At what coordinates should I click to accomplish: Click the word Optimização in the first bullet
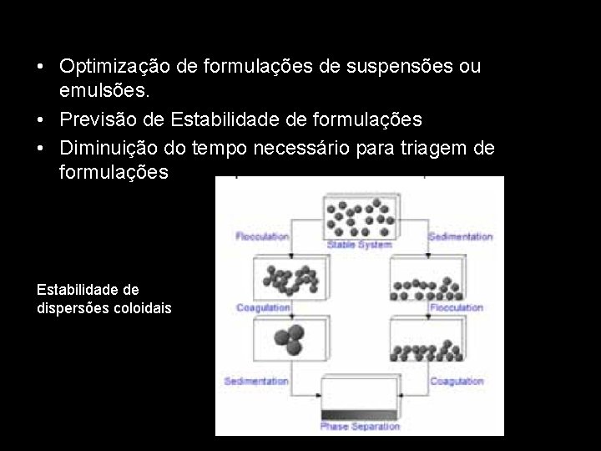tap(114, 65)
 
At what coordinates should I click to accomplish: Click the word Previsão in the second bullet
tap(97, 119)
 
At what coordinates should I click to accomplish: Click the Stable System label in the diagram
tap(359, 246)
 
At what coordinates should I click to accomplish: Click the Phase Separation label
tap(360, 427)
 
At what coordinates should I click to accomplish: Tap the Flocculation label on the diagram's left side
tap(262, 236)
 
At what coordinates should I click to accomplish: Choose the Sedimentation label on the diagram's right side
tap(460, 236)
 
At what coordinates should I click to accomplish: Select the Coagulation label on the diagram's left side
tap(262, 307)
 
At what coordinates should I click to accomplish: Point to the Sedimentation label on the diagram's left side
tap(256, 381)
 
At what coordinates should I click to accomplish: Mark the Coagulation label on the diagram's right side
tap(457, 381)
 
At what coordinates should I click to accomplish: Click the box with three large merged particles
tap(288, 340)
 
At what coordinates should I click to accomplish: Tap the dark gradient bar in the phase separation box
tap(359, 414)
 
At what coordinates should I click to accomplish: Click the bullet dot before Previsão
tap(41, 119)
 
